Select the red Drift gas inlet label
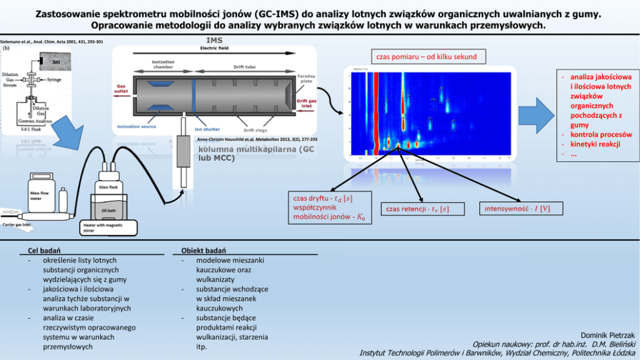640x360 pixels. [306, 103]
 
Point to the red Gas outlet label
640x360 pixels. [121, 88]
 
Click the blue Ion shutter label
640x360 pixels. [207, 129]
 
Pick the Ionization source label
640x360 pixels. [136, 126]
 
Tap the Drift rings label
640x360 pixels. [256, 130]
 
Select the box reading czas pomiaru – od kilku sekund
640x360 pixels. [426, 57]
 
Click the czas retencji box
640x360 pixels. [417, 208]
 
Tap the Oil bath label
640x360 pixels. [108, 210]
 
